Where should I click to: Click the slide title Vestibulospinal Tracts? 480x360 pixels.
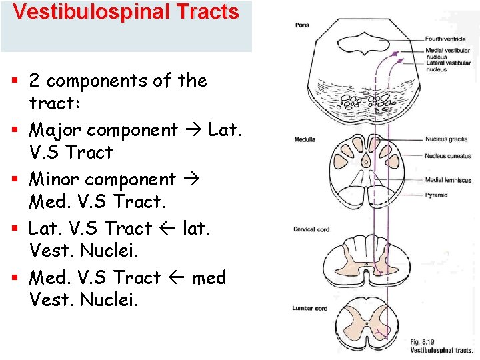[125, 12]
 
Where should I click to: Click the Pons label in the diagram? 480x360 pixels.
[302, 25]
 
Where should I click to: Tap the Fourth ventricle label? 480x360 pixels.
[445, 39]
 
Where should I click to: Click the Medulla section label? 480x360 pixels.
[305, 139]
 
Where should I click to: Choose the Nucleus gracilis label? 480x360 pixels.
[446, 139]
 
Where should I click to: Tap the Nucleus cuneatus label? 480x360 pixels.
[448, 156]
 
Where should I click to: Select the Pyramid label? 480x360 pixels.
[436, 195]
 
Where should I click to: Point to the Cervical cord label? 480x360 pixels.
[311, 229]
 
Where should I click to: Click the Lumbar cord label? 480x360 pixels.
[309, 308]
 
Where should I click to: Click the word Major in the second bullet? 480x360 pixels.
[56, 130]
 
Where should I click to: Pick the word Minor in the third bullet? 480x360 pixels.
[55, 179]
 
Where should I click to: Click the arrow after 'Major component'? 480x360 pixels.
[193, 131]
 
